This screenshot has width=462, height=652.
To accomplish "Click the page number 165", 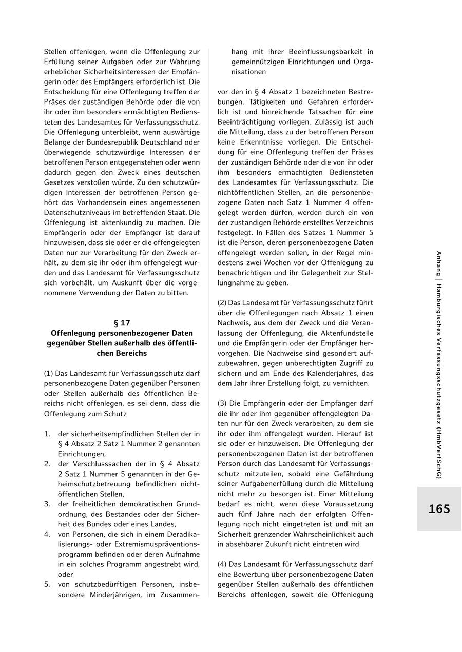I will click(439, 509).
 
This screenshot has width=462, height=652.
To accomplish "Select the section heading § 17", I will click(122, 323).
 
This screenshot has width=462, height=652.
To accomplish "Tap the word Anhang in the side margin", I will click(439, 264).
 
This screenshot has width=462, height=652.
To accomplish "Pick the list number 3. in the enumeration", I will click(47, 504).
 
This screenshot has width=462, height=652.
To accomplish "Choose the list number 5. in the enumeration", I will click(47, 584).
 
